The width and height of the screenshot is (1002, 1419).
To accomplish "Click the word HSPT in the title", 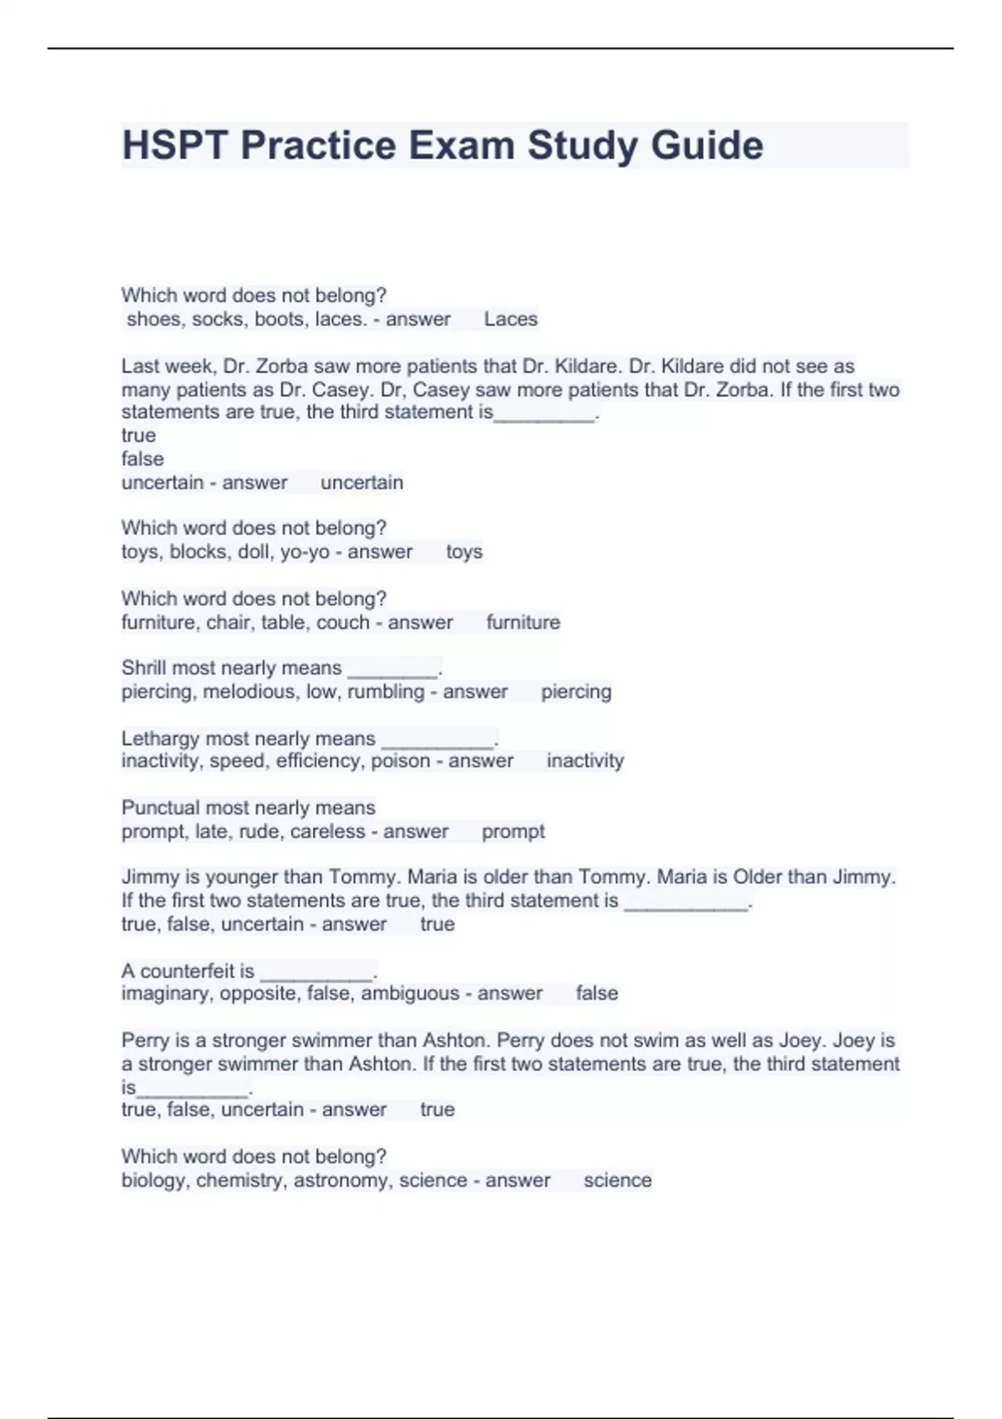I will (175, 145).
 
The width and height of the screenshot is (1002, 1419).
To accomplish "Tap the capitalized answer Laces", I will (510, 319).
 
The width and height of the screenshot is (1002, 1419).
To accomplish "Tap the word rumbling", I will (386, 691).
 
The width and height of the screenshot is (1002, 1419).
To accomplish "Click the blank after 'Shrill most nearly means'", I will (392, 672).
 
